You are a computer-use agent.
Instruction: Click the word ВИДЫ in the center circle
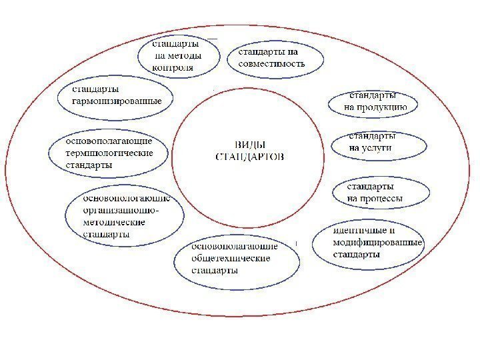[x=250, y=145]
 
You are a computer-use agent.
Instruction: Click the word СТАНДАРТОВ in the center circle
[x=250, y=157]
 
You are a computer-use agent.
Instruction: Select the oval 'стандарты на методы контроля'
[x=180, y=55]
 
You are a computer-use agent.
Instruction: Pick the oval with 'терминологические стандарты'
[x=108, y=153]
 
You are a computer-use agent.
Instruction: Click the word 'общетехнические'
[x=231, y=259]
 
